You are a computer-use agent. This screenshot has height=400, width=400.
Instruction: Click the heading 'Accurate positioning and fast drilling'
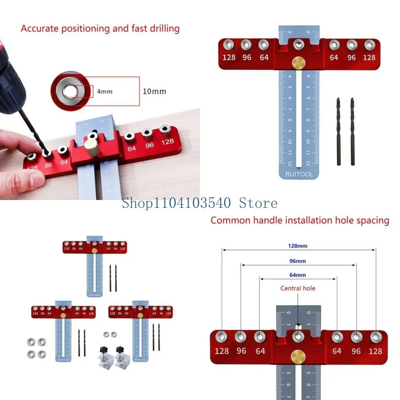[x=100, y=29]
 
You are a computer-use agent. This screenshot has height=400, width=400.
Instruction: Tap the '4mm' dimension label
[x=105, y=91]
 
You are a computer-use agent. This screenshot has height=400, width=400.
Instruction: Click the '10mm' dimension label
[x=154, y=91]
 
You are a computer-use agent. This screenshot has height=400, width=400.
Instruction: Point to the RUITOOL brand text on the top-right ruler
[x=299, y=174]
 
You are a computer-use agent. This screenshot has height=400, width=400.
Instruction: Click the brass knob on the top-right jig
[x=299, y=62]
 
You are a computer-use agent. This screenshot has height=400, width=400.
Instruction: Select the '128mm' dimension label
[x=298, y=246]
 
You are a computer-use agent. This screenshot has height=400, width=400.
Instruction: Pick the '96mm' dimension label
[x=298, y=261]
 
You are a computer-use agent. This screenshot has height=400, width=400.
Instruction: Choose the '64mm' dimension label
[x=298, y=275]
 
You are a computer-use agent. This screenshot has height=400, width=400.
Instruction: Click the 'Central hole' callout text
[x=298, y=288]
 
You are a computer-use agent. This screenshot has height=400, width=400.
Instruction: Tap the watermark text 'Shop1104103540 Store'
[x=200, y=203]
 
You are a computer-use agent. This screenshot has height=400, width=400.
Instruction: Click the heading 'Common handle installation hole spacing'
[x=300, y=220]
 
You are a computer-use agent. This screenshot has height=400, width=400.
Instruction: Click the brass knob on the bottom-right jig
[x=298, y=356]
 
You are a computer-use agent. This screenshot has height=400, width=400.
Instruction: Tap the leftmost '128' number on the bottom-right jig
[x=221, y=351]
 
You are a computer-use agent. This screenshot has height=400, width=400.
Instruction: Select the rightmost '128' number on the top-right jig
[x=369, y=57]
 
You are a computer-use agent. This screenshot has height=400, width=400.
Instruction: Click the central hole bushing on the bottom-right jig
[x=298, y=336]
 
